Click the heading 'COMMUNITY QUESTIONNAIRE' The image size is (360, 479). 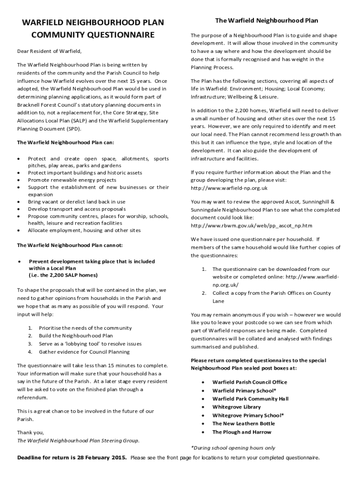[x=93, y=35]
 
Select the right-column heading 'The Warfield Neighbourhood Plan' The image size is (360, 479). [x=266, y=21]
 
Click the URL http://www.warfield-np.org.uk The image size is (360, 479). [x=229, y=188]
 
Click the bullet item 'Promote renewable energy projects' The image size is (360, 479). [x=72, y=180]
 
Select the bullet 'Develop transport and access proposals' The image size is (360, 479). [x=77, y=209]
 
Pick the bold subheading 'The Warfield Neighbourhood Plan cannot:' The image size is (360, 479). [x=70, y=245]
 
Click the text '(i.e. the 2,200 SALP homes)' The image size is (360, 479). [x=63, y=276]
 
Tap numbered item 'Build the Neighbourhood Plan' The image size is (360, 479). [x=75, y=335]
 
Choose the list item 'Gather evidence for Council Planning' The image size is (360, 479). [x=84, y=352]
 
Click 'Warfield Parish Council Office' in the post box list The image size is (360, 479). [x=250, y=382]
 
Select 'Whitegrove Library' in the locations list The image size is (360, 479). [x=237, y=407]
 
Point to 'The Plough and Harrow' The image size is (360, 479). [x=242, y=432]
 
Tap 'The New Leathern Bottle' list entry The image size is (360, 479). [x=244, y=424]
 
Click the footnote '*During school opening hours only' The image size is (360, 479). [x=233, y=448]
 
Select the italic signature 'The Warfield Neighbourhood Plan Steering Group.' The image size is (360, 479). [x=78, y=441]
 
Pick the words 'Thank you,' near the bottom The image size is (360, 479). [x=30, y=432]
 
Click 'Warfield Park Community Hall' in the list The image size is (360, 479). [x=250, y=399]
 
